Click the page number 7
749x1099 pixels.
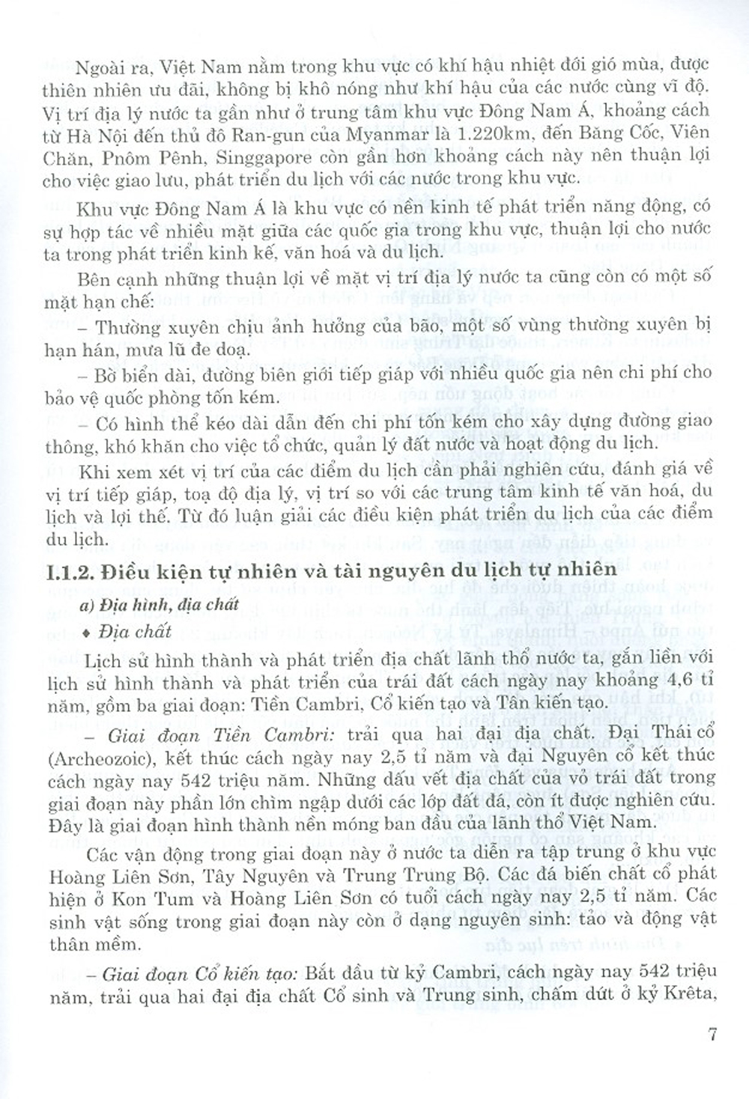click(712, 1035)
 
